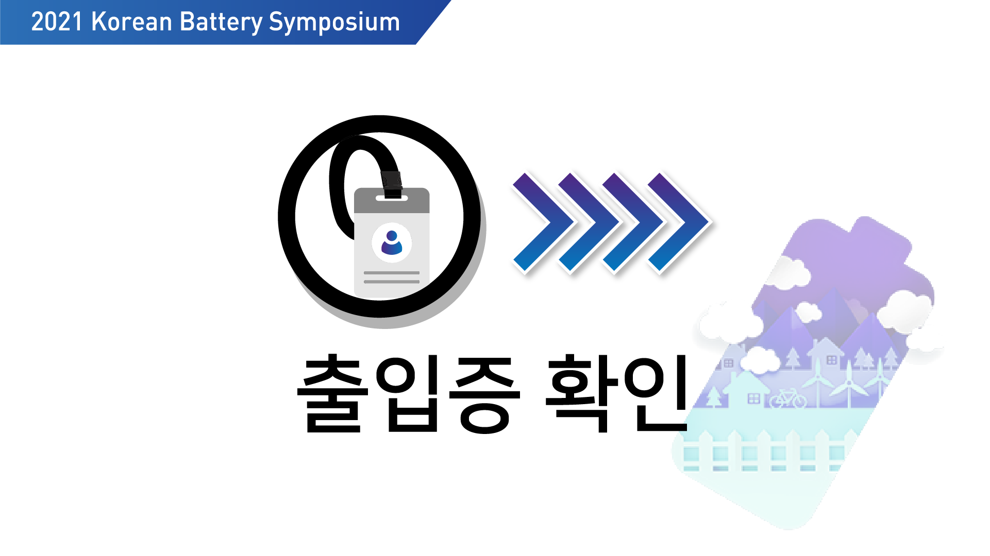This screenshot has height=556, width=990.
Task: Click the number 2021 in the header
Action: coord(57,22)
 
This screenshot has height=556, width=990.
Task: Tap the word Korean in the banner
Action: coord(131,22)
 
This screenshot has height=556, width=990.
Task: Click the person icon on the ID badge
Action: coord(392,242)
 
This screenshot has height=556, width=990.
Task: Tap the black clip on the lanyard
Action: coord(392,184)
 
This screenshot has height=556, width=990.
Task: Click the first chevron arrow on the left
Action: coord(543,222)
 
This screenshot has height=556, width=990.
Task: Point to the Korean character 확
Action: coord(582,393)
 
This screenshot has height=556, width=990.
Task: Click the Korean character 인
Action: coord(656,393)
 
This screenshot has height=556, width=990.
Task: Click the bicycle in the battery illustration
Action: coord(788,398)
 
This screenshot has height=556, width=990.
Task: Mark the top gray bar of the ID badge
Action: coord(392,200)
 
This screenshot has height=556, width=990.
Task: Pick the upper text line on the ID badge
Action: coord(392,273)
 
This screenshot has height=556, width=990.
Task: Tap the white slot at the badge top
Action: coord(392,198)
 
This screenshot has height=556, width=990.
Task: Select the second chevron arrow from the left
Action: coord(589,222)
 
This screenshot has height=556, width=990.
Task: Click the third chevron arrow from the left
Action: coord(633,222)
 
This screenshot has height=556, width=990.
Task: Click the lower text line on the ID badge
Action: coord(392,282)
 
